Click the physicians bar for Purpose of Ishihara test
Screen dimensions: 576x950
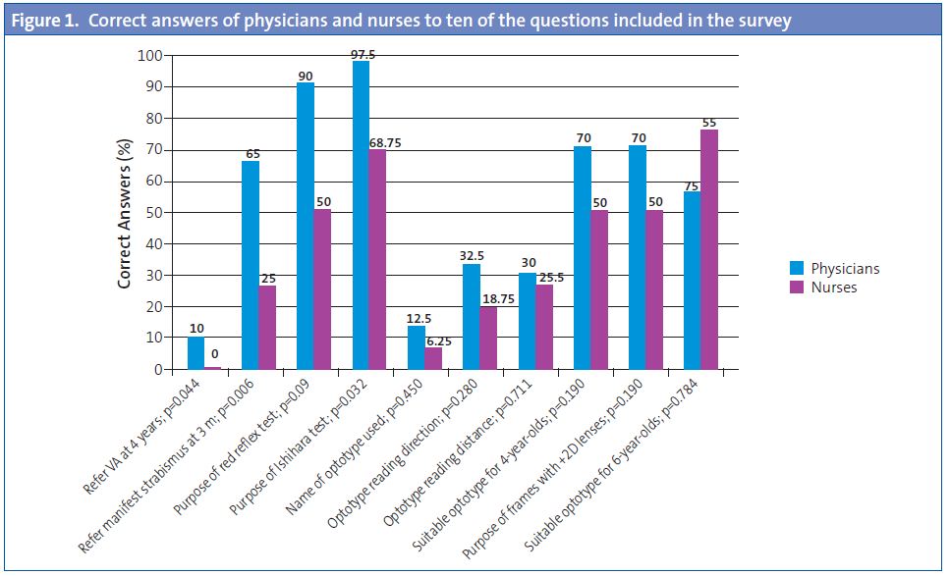pyautogui.click(x=361, y=215)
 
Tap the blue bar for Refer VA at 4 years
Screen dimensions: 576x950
pyautogui.click(x=196, y=353)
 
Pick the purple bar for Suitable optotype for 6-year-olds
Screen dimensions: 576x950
pyautogui.click(x=709, y=249)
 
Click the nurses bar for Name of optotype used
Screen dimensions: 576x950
pyautogui.click(x=433, y=358)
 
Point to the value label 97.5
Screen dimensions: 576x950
pyautogui.click(x=363, y=55)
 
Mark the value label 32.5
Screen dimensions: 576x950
pyautogui.click(x=473, y=254)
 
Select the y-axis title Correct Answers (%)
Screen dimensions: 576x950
pyautogui.click(x=125, y=213)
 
